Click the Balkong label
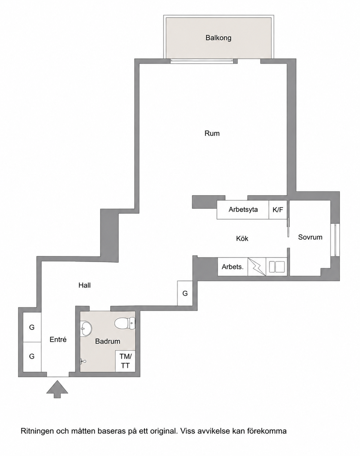(x=218, y=38)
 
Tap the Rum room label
(x=212, y=133)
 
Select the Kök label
(x=242, y=238)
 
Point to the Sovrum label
(x=310, y=237)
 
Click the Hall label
(x=85, y=285)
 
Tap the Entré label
(x=58, y=340)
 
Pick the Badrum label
(x=108, y=341)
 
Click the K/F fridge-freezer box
(x=278, y=210)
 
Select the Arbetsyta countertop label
(x=243, y=209)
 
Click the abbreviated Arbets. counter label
(x=233, y=267)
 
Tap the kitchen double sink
(x=277, y=267)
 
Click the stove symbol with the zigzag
(x=257, y=267)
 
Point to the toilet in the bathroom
(x=125, y=323)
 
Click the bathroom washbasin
(x=86, y=328)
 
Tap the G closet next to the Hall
(x=185, y=293)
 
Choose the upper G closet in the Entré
(x=32, y=327)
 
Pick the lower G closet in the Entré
(x=32, y=356)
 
